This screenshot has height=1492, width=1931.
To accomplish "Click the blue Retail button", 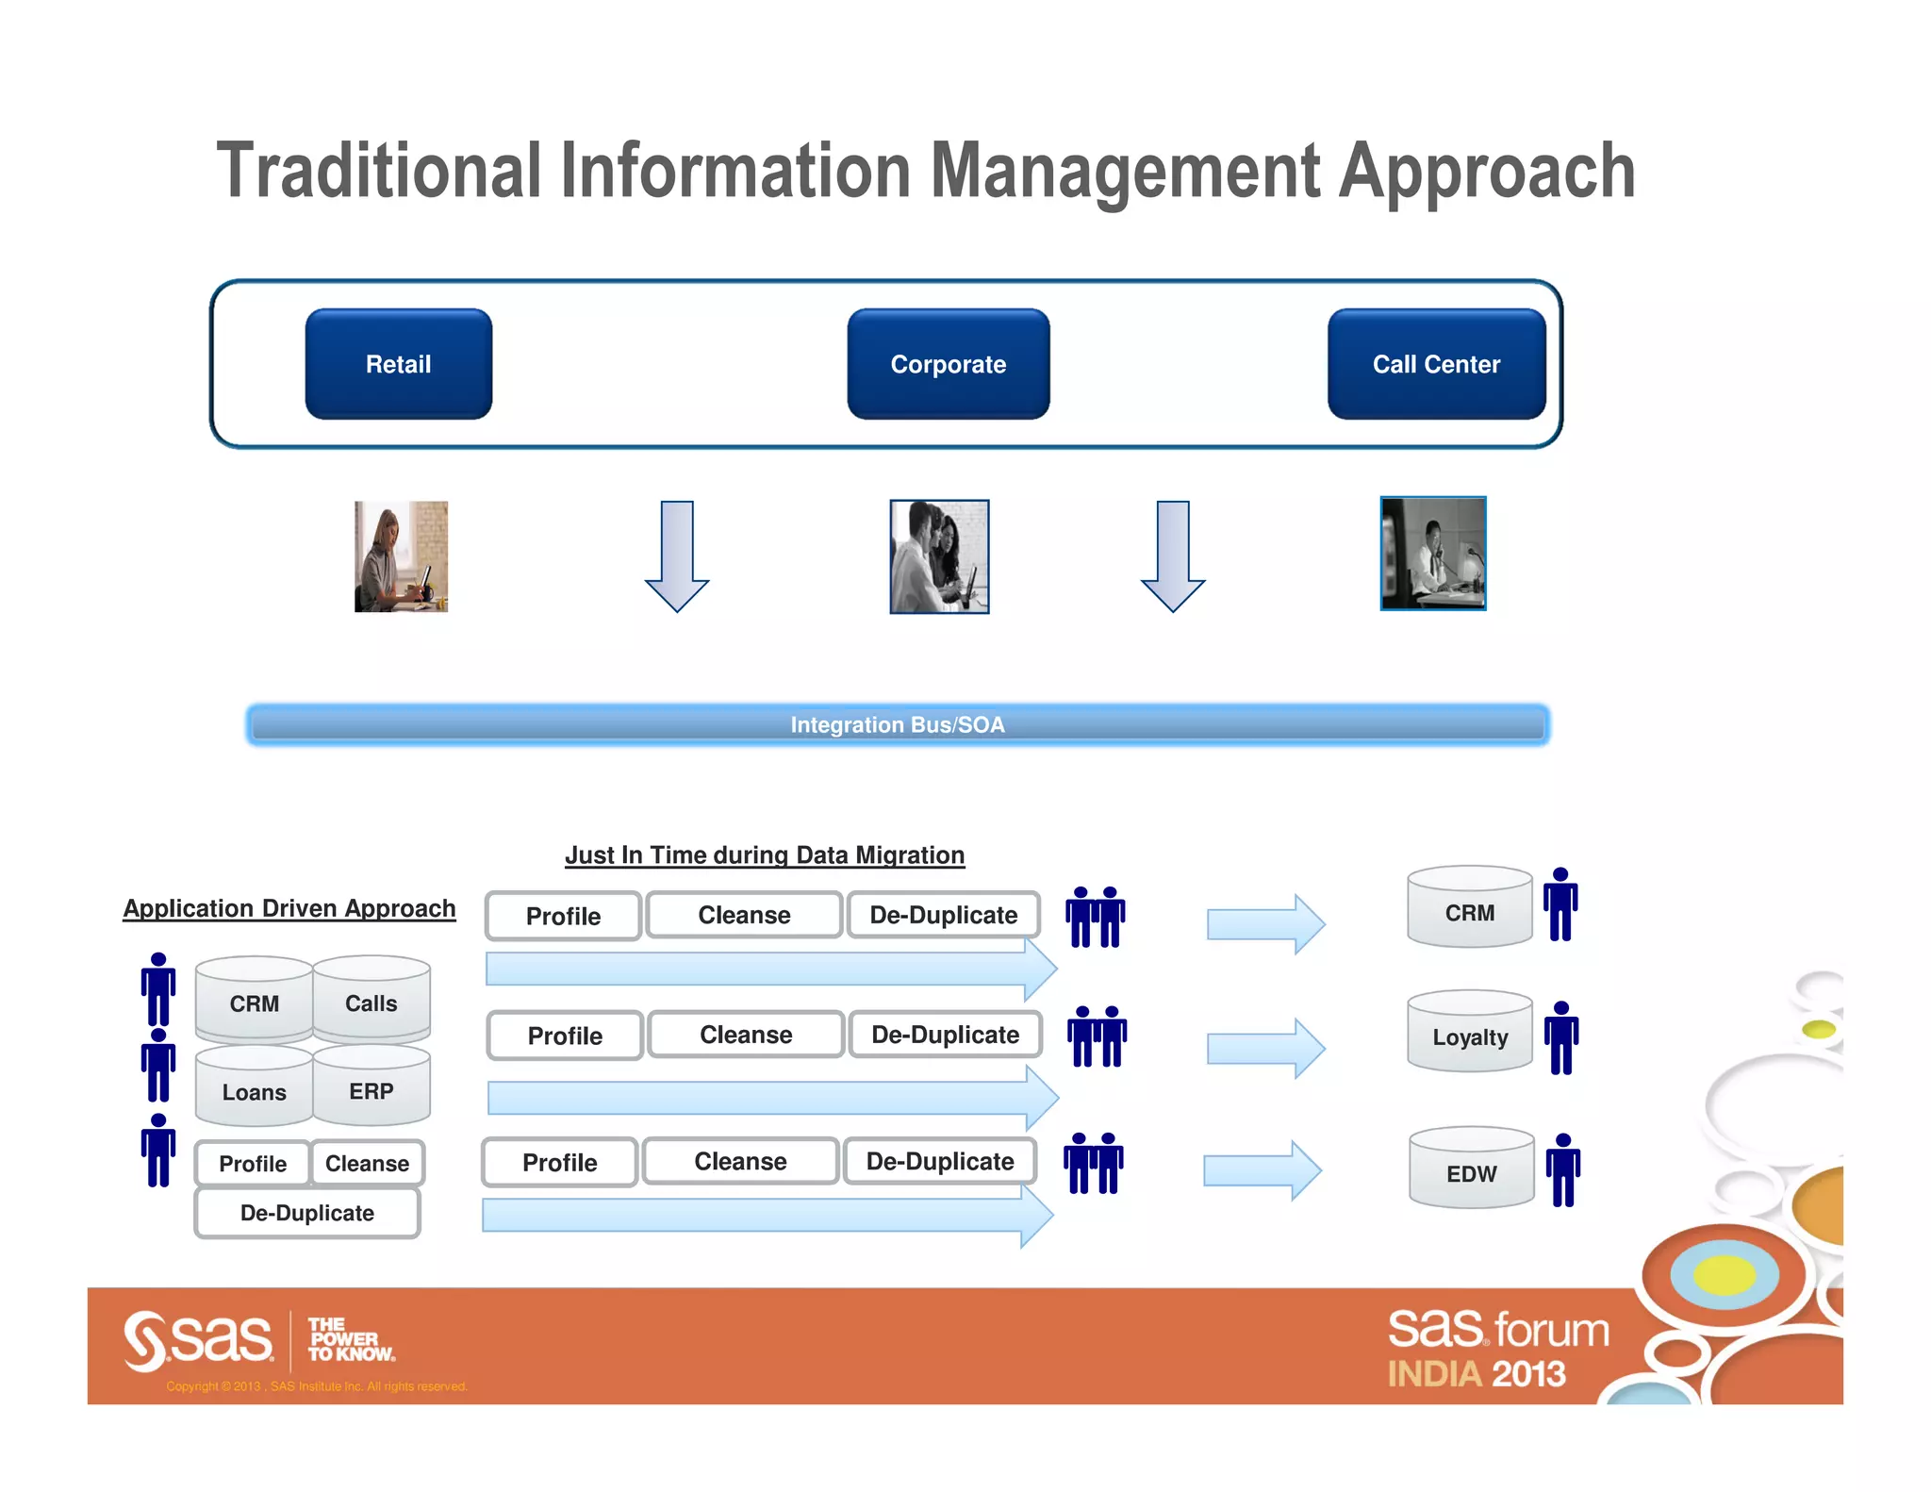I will (398, 364).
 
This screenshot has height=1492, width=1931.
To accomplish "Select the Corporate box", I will (948, 364).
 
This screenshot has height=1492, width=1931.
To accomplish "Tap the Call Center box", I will (1435, 364).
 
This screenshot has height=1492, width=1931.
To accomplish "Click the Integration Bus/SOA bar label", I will (897, 724).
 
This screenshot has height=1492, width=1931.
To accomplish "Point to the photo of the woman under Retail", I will (401, 556).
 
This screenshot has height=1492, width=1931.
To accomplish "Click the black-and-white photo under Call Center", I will (1432, 554).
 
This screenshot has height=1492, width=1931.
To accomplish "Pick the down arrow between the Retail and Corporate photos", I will (677, 556).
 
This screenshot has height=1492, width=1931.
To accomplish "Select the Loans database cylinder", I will (254, 1089).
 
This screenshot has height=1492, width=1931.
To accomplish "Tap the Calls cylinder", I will (371, 1001).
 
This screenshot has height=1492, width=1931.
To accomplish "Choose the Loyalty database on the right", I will (1469, 1034).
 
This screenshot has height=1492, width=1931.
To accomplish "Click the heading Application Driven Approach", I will (289, 908).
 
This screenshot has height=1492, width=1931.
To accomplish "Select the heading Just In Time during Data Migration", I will (764, 854).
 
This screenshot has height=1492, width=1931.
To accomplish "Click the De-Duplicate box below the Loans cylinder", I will (307, 1213).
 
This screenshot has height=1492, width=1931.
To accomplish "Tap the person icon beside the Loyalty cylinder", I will (1561, 1037).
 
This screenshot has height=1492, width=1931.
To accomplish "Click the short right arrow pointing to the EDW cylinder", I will (1262, 1170).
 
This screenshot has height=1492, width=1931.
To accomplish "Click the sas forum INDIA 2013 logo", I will (1496, 1349).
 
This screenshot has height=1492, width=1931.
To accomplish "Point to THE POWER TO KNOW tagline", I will (350, 1339).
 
